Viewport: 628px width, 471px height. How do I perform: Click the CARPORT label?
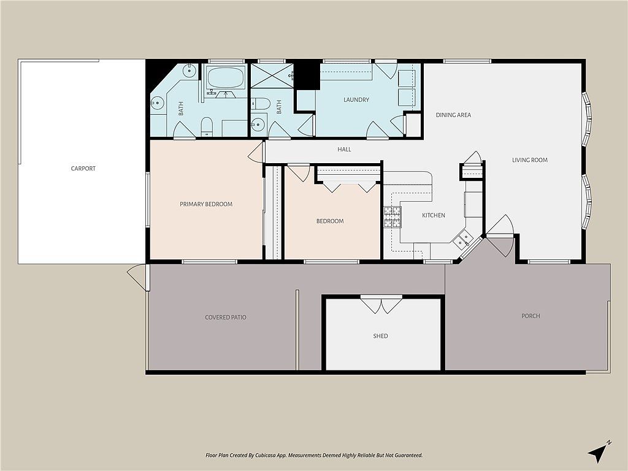coord(83,169)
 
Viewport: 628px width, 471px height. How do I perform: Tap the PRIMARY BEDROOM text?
coord(206,204)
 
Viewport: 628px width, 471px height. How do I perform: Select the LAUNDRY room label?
coord(356,100)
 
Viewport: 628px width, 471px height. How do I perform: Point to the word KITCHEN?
coord(434,215)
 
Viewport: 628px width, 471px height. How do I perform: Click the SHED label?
coord(380,336)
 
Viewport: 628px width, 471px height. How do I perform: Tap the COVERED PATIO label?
coord(226,317)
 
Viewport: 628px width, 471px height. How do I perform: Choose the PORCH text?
coord(530,316)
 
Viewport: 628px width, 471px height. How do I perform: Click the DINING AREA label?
coord(453,115)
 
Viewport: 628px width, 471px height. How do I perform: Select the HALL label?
coord(345,149)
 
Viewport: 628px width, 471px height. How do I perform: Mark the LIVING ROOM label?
coord(530,160)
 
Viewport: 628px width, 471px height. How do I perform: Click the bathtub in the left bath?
coord(225,78)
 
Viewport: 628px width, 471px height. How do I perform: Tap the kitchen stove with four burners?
coord(392,216)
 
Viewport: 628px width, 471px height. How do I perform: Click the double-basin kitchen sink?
coord(463,238)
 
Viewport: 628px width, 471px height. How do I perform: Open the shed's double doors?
coord(381,304)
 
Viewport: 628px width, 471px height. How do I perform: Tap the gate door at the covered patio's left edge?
coord(137,277)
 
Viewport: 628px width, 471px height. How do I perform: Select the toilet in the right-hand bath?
coord(260,104)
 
